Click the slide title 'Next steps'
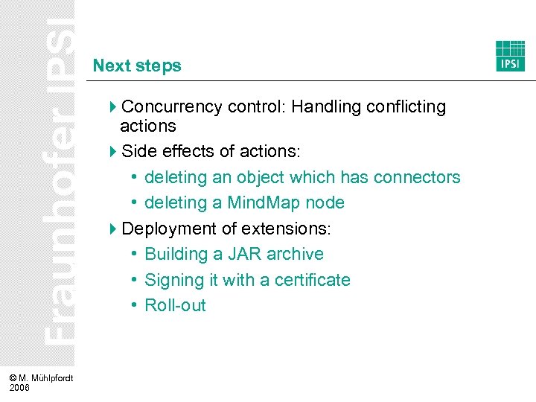[x=137, y=66]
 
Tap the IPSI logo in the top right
[x=511, y=56]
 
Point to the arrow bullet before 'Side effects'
[x=113, y=152]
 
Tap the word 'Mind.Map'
[x=264, y=202]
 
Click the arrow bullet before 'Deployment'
[x=113, y=229]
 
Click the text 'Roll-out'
[x=175, y=305]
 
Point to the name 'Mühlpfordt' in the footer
[x=49, y=379]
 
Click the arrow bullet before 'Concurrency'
[x=113, y=107]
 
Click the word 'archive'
[x=295, y=254]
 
